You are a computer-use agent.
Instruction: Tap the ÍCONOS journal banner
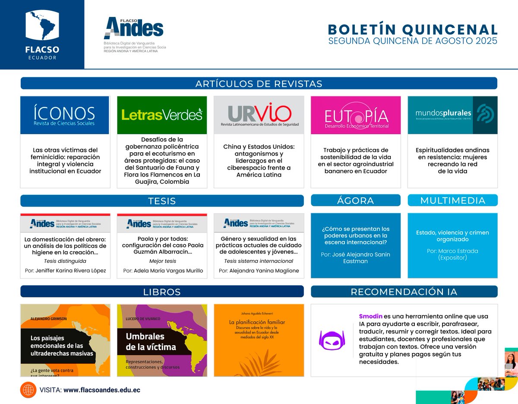[65, 115]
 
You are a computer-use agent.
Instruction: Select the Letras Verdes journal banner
[162, 115]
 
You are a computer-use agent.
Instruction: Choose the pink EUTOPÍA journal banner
[356, 115]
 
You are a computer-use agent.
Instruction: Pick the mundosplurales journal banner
[452, 115]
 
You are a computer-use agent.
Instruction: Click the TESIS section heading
[162, 201]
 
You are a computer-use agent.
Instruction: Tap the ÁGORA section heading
[356, 200]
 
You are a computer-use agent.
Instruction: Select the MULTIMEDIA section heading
[452, 200]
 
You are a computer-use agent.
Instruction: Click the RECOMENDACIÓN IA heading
[404, 292]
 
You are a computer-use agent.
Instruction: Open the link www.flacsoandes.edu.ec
[102, 390]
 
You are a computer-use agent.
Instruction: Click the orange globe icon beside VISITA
[28, 390]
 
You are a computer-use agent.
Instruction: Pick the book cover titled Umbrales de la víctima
[162, 340]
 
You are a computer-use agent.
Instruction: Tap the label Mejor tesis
[162, 261]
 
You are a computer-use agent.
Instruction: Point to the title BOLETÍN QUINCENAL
[413, 29]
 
